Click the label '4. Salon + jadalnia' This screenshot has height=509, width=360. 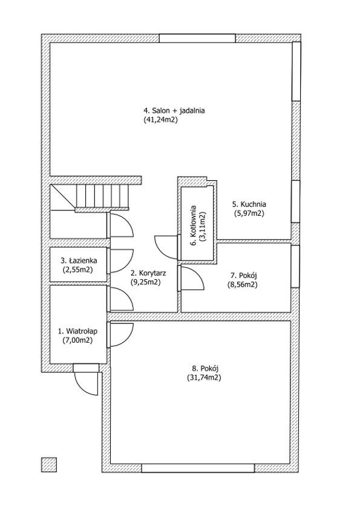coord(174,111)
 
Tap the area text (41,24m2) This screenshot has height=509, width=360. coord(160,120)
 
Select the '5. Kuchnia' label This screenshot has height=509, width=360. coord(249,204)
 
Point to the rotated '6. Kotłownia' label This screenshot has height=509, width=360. coord(194,225)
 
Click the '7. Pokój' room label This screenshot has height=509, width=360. coord(244,276)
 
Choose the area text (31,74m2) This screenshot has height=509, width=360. coord(204,378)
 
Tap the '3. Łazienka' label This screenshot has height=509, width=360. coord(79,261)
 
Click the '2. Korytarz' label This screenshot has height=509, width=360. coord(148,273)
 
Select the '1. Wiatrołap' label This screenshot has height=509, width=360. coord(77,331)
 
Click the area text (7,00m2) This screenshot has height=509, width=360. coord(77,340)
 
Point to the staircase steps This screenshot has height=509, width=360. coord(102,196)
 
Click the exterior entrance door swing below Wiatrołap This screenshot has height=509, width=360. coord(86,383)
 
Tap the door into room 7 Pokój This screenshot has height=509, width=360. coord(192,278)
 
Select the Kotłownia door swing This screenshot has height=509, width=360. coord(166,247)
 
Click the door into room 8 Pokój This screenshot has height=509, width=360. coord(122,335)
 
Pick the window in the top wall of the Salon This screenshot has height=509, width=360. coord(197,38)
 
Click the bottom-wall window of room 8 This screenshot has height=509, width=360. coord(198,468)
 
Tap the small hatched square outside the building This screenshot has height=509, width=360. coord(49,465)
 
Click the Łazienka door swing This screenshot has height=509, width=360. coord(122,261)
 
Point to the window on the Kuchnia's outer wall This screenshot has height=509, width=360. coord(295,201)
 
